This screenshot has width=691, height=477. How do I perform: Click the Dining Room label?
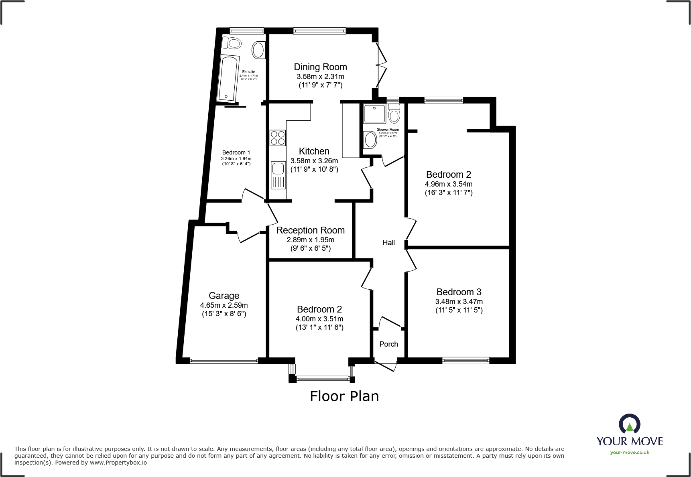point(320,67)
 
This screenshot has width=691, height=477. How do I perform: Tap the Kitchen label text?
point(314,151)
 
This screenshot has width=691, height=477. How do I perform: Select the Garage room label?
point(224,296)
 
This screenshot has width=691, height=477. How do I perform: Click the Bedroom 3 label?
point(459,292)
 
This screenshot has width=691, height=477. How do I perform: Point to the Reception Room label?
point(310,230)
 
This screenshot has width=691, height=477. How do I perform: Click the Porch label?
point(388,344)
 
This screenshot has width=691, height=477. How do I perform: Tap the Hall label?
point(388,243)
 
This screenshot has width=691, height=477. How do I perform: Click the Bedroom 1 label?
point(236,152)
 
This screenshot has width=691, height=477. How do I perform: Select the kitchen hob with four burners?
point(278,138)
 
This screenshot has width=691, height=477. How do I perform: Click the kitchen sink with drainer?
point(278,175)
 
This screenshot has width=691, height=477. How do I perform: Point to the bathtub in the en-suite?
point(228,78)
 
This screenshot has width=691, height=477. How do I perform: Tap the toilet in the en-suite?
point(232,42)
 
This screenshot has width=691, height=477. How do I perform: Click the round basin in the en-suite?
point(258,50)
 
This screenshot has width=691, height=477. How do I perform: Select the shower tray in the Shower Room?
point(374,114)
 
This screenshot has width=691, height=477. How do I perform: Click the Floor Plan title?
point(344,396)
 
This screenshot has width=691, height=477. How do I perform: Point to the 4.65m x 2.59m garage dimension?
point(224,305)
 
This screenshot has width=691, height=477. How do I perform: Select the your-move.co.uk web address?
point(630,453)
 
